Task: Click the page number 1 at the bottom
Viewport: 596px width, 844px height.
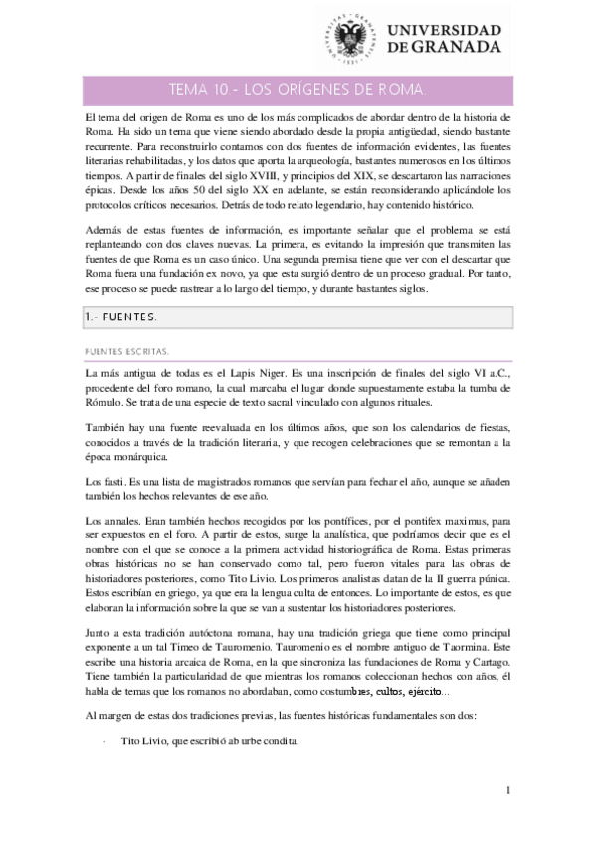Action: pyautogui.click(x=507, y=791)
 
